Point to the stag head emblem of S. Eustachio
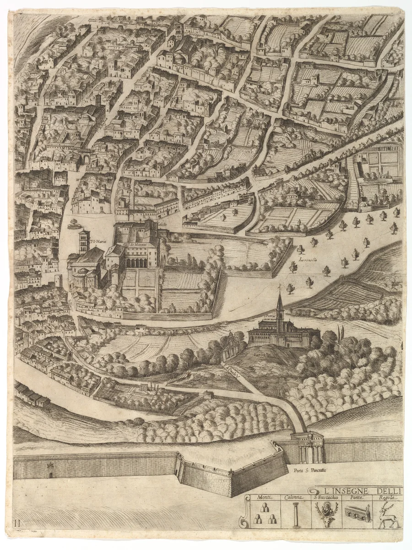pyautogui.click(x=326, y=513)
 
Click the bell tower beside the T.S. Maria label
pyautogui.click(x=83, y=242)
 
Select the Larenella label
pyautogui.click(x=307, y=260)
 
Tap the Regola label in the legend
pyautogui.click(x=387, y=498)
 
